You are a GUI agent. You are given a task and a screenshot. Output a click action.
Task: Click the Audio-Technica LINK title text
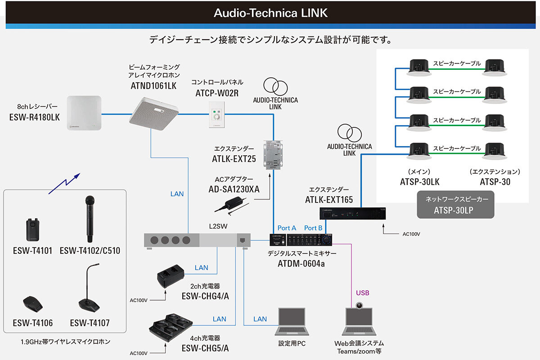click(270, 13)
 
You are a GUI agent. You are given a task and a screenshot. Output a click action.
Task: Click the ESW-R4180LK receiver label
click(34, 117)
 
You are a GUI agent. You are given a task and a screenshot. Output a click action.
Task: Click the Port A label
click(287, 228)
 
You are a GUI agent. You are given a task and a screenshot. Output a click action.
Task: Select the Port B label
click(313, 228)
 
